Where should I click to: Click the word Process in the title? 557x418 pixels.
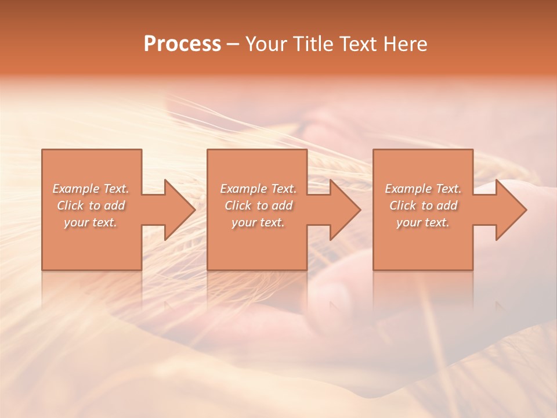[182, 44]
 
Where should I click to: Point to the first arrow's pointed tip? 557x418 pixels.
[194, 210]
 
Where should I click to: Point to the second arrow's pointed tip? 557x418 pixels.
[360, 210]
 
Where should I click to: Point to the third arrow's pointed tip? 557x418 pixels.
[526, 210]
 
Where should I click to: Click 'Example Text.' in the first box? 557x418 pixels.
[91, 189]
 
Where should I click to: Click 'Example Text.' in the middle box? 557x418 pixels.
[258, 189]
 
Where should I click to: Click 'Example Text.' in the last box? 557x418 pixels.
[423, 189]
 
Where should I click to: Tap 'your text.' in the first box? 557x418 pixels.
[91, 222]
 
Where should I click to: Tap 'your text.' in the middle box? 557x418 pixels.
[258, 222]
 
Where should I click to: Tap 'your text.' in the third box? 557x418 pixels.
[423, 222]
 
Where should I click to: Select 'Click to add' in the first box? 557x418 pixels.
[91, 206]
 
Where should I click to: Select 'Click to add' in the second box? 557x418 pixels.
[258, 206]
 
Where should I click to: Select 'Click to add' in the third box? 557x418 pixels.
[423, 206]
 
